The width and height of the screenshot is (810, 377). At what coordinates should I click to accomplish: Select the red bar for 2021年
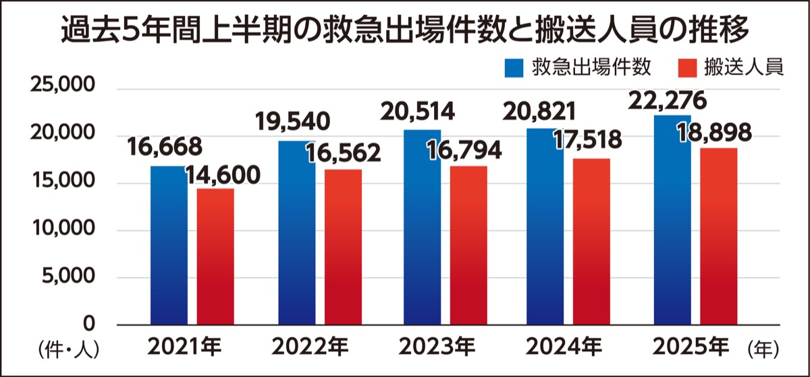point(215,256)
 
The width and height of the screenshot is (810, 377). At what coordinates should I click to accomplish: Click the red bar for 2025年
point(718,236)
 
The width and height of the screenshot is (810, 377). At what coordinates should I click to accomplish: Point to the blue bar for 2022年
point(296,232)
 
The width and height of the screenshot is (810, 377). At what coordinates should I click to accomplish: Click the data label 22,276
point(667,101)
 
